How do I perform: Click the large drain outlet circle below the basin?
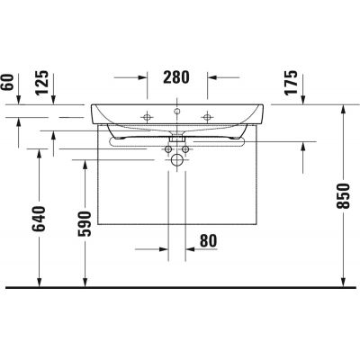176,158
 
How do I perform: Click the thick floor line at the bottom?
180,288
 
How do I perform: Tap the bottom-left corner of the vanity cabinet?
97,223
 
